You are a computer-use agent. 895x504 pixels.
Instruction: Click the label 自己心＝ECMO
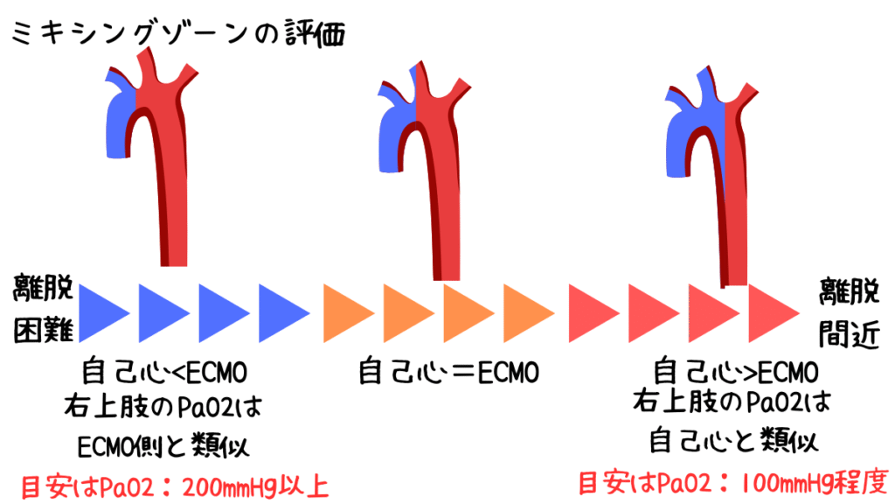click(x=448, y=372)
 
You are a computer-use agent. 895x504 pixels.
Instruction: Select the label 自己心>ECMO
click(x=736, y=372)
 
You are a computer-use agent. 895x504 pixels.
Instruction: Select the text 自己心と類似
click(x=736, y=437)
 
